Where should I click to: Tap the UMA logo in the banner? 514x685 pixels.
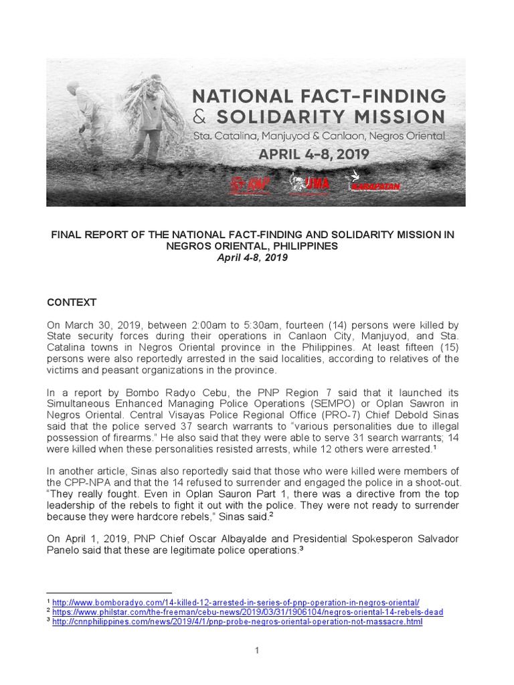[x=309, y=182]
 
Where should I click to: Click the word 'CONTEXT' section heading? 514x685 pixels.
[x=72, y=302]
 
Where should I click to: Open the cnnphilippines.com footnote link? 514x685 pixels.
[x=238, y=621]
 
